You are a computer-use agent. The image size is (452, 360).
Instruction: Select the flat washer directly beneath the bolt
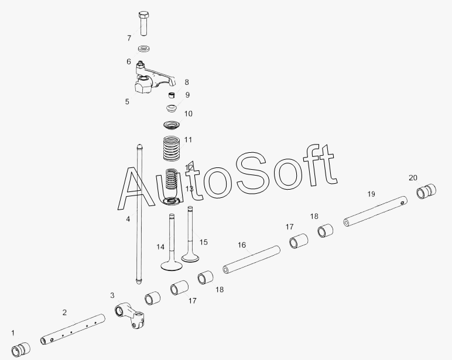click(x=144, y=48)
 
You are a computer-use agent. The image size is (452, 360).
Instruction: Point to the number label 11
click(x=188, y=140)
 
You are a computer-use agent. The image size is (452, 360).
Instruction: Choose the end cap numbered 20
click(x=427, y=192)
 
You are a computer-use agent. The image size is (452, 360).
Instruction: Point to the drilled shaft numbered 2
click(x=73, y=331)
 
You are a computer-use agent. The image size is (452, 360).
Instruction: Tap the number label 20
click(x=413, y=177)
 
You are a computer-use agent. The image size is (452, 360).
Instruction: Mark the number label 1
click(x=13, y=332)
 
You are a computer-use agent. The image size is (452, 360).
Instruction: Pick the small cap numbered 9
click(x=172, y=95)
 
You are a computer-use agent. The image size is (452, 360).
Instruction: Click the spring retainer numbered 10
click(x=172, y=109)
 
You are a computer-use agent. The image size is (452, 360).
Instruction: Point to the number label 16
click(x=242, y=245)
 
